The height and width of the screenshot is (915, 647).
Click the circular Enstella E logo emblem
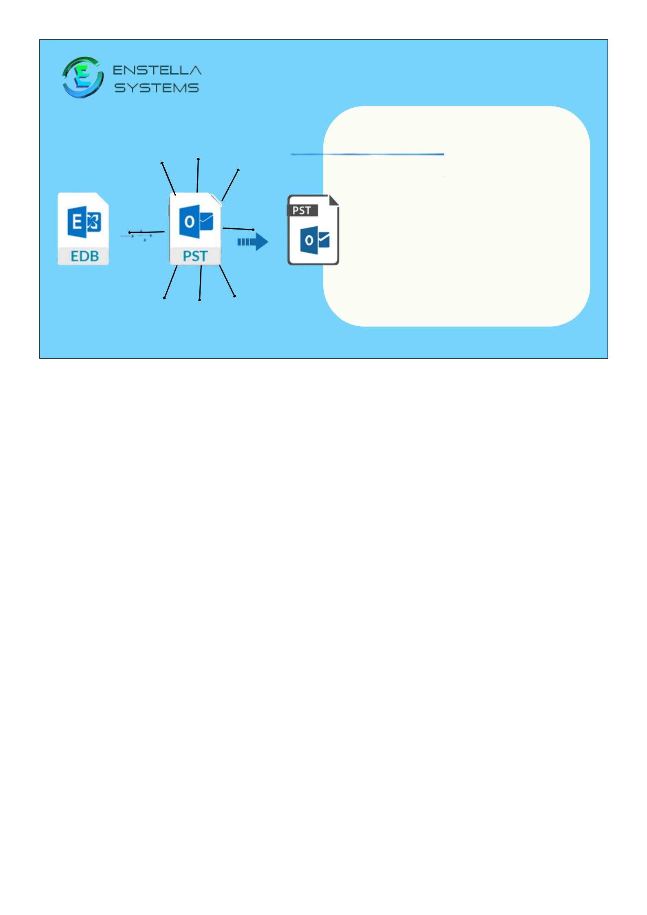pyautogui.click(x=82, y=77)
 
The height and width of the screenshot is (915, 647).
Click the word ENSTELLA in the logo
pyautogui.click(x=157, y=70)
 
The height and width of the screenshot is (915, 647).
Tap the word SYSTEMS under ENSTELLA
pyautogui.click(x=157, y=88)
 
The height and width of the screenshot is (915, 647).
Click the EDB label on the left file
pyautogui.click(x=84, y=256)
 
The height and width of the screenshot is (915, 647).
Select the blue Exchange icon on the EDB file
pyautogui.click(x=84, y=222)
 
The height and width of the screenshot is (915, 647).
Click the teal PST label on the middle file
pyautogui.click(x=195, y=256)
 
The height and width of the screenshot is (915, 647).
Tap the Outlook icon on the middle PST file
pyautogui.click(x=196, y=221)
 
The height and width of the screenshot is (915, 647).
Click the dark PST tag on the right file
pyautogui.click(x=302, y=210)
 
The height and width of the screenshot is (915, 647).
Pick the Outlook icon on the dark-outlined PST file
pyautogui.click(x=315, y=240)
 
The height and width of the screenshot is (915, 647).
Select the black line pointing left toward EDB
pyautogui.click(x=147, y=232)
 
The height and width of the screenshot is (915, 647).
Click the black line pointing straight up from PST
pyautogui.click(x=198, y=175)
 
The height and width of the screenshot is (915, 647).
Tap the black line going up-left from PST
pyautogui.click(x=168, y=179)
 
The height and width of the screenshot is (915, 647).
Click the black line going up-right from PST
pyautogui.click(x=230, y=185)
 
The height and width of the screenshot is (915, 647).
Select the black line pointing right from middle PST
pyautogui.click(x=238, y=229)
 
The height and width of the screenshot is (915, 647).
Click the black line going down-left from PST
pyautogui.click(x=171, y=282)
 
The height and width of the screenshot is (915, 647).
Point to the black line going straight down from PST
pyautogui.click(x=200, y=283)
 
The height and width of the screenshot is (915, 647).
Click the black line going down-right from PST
pyautogui.click(x=227, y=281)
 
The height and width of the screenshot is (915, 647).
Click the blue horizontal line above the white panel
pyautogui.click(x=367, y=155)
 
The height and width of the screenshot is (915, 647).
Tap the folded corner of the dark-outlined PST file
pyautogui.click(x=334, y=200)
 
